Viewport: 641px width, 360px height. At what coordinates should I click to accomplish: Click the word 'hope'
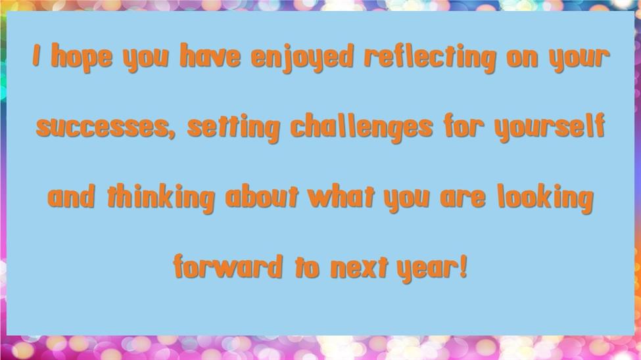pos(82,57)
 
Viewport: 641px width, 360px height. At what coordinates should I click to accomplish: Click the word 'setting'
pos(233,128)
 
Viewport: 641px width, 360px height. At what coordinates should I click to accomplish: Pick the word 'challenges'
pos(362,128)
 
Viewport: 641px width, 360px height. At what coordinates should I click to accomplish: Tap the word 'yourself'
pos(549,128)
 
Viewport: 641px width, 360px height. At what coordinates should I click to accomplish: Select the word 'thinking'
pos(160,198)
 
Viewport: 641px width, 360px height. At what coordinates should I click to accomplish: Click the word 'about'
pos(262,197)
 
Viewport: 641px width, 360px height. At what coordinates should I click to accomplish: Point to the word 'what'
pos(341,197)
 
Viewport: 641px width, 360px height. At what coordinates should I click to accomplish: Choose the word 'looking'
pos(545,198)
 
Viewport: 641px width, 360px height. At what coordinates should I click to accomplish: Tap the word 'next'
pos(359,267)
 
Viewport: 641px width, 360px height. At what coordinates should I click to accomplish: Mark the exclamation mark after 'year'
pos(463,265)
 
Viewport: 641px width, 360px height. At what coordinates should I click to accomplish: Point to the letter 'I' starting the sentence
pos(37,55)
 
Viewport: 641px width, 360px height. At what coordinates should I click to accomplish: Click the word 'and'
pos(71,196)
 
